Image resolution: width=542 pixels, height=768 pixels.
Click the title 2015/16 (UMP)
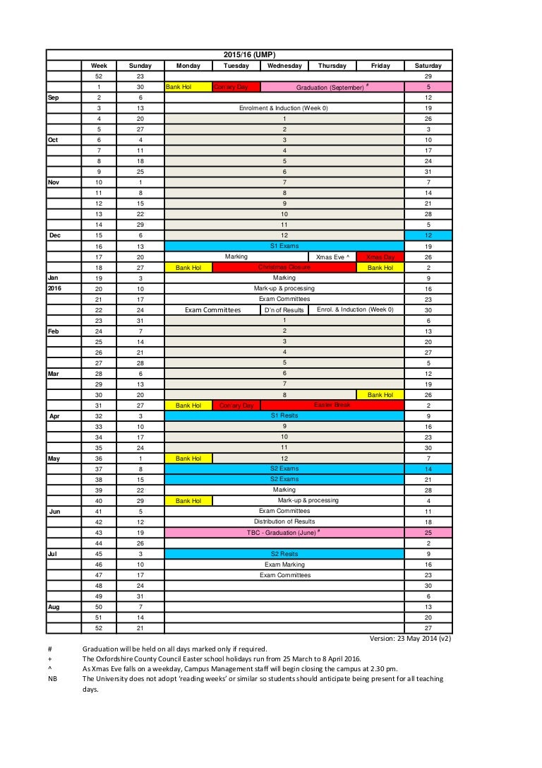[248, 54]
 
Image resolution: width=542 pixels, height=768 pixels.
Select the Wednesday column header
[284, 66]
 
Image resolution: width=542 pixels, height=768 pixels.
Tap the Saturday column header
[428, 66]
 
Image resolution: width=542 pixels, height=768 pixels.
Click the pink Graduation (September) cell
[332, 87]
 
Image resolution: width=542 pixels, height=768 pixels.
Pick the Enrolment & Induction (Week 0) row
[284, 108]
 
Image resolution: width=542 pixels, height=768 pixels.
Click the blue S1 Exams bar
[284, 246]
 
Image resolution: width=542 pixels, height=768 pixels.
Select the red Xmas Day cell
[380, 257]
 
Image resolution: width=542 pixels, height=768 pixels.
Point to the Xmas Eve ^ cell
[332, 257]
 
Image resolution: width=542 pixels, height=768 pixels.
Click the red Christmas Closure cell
[284, 268]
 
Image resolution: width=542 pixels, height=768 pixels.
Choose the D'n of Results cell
[284, 309]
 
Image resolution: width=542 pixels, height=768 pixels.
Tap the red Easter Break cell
[332, 405]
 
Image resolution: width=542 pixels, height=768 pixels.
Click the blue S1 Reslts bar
[284, 415]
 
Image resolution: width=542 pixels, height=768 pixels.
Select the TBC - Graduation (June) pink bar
[284, 532]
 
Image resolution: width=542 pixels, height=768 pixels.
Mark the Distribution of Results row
[284, 521]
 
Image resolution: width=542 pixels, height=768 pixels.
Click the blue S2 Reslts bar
[284, 554]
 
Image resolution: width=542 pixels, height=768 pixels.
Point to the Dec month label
[55, 235]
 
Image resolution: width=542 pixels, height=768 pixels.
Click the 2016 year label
[55, 288]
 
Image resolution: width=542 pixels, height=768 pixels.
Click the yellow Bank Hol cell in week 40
[188, 500]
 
